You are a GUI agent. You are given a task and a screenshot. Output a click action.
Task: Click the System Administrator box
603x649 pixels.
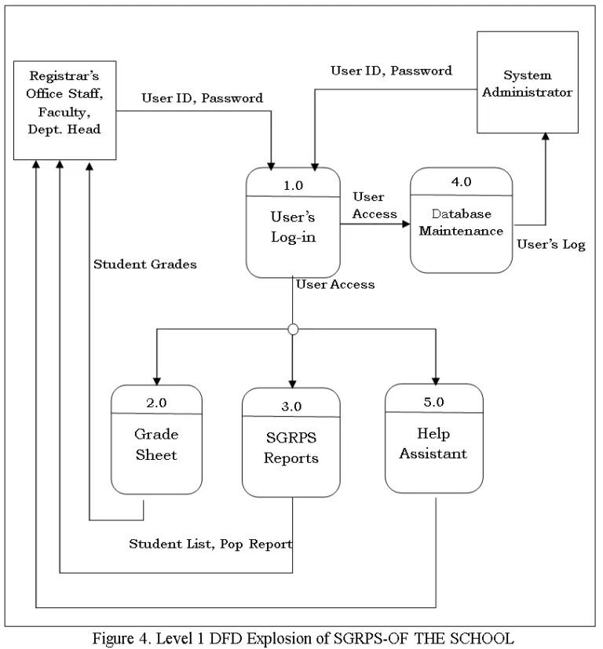point(527,82)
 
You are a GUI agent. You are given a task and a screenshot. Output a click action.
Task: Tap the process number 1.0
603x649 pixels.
point(292,185)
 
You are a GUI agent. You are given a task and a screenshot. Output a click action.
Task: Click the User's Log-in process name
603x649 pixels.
point(292,227)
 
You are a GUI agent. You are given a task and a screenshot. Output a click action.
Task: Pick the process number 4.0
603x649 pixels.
point(461,181)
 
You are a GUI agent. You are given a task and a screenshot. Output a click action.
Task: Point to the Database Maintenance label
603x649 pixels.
point(461,222)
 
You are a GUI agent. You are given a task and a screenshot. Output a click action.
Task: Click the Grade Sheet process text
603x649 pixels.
point(156,444)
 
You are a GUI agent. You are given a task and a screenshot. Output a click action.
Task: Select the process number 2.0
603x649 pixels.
point(156,403)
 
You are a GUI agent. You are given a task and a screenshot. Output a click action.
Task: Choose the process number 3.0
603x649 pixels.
point(291,406)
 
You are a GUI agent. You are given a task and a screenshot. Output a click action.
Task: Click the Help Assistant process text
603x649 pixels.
point(433,443)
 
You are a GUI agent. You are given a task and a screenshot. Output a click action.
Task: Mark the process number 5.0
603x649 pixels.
point(433,401)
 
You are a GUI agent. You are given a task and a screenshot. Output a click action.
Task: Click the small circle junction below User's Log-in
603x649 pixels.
point(293,330)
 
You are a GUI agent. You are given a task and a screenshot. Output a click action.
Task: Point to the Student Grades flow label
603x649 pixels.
point(144,264)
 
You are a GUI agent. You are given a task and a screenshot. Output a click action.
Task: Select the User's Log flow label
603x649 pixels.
point(550,245)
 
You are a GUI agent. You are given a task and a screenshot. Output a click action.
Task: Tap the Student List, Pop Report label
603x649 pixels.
point(210,543)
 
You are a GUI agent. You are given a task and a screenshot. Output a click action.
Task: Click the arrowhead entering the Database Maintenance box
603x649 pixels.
point(405,222)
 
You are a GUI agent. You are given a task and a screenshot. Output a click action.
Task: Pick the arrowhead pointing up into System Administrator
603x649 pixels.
point(544,137)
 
